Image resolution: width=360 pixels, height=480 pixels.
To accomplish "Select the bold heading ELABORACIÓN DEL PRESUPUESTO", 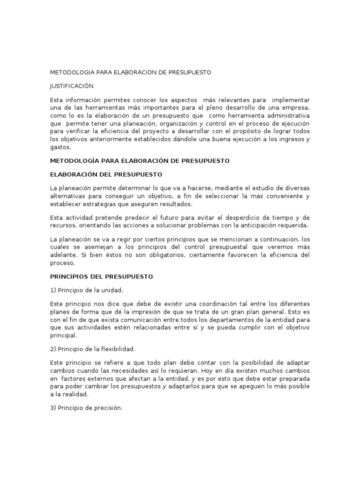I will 105,174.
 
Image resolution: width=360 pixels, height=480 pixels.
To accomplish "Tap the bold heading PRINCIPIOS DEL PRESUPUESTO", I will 101,277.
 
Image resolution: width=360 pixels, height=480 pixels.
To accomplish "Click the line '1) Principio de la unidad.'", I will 87,290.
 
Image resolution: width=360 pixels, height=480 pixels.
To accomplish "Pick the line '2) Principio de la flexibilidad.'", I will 93,349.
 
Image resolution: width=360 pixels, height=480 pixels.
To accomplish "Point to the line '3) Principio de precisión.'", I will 86,408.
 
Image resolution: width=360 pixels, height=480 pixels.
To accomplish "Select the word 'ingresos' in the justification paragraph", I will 289,139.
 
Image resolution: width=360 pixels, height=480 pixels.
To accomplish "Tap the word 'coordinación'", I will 200,304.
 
